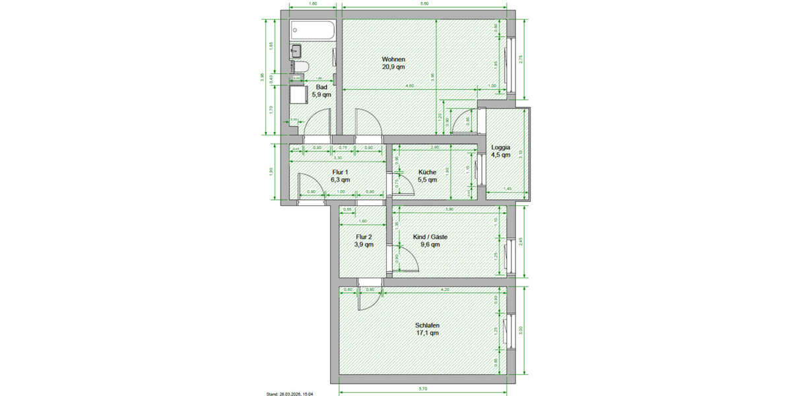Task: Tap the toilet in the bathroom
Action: [x=300, y=67]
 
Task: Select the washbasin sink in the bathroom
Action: [x=296, y=50]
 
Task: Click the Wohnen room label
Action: [x=393, y=59]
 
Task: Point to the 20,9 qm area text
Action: [x=393, y=67]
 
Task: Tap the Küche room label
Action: [x=427, y=172]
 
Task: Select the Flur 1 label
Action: [x=341, y=172]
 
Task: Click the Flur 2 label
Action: [x=364, y=236]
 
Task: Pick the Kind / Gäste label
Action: [x=430, y=236]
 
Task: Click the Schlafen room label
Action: [x=427, y=325]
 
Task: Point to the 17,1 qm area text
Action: [x=427, y=333]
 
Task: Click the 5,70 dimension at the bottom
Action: [x=423, y=389]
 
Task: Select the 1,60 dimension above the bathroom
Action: [x=313, y=4]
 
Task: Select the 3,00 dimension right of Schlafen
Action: [x=521, y=329]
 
